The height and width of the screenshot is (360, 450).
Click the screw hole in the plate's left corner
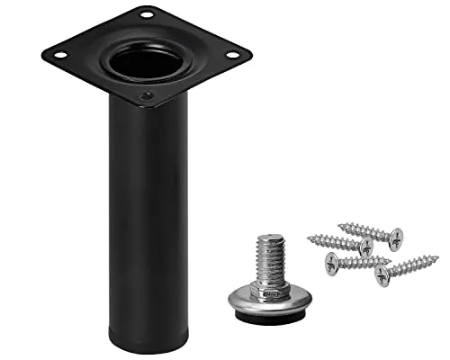59,54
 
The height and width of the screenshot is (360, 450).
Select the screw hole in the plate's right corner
231,55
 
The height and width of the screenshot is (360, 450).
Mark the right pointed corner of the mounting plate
250,57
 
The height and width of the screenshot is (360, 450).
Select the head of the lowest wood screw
382,274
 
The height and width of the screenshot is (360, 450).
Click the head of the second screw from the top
365,247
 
